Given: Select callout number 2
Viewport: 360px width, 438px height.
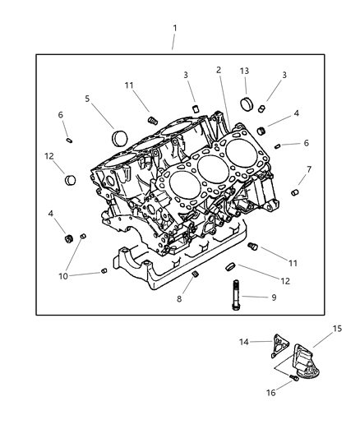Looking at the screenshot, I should [219, 70].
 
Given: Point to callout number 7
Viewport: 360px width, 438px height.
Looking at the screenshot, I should [308, 170].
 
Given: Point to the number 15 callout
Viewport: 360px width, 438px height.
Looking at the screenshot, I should [337, 328].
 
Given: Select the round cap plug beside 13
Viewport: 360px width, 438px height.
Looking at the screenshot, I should [244, 104].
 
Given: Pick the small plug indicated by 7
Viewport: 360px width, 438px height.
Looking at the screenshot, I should [296, 191].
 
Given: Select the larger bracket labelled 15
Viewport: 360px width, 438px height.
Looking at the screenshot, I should [302, 357].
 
